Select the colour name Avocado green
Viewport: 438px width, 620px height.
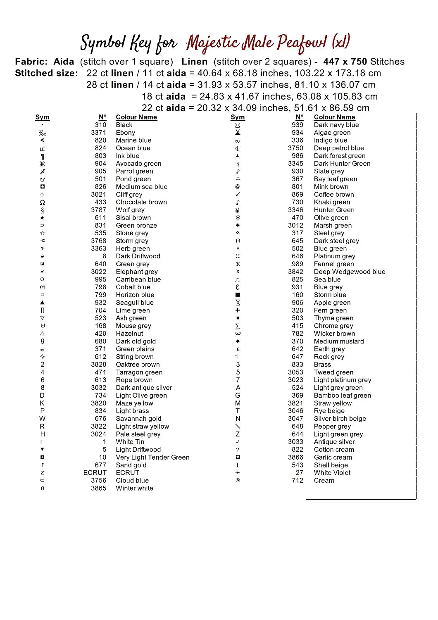pos(138,164)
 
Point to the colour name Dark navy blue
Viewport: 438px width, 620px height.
pos(336,125)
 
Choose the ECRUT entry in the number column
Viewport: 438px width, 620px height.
pos(95,473)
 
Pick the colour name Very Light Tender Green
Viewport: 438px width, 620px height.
pos(152,457)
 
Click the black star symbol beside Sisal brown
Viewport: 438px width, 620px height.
pos(42,218)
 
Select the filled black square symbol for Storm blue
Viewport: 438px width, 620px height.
pos(238,295)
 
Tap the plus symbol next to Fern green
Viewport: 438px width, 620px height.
pos(238,310)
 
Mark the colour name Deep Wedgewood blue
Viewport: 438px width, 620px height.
pos(349,272)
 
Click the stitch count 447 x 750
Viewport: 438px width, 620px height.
pos(345,62)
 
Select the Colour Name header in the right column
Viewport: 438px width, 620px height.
pos(334,117)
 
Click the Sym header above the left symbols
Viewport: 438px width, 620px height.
pos(42,117)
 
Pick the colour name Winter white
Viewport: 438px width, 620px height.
pos(134,488)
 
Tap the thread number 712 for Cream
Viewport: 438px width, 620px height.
pos(297,480)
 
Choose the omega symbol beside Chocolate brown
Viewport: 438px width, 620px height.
pos(42,203)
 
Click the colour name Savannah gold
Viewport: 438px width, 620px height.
pos(138,419)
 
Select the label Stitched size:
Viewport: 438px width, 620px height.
pos(46,73)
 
